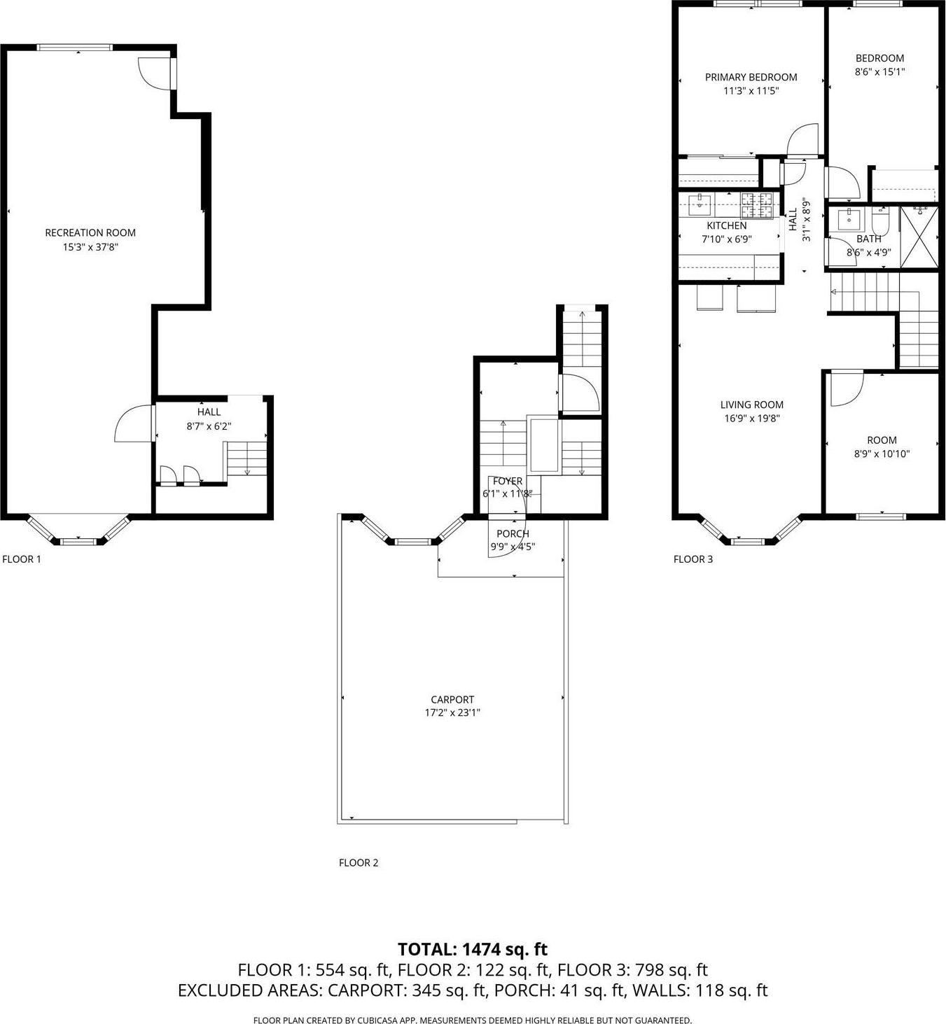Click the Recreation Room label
(x=90, y=232)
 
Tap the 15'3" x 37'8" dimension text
(x=90, y=246)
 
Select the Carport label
(x=452, y=699)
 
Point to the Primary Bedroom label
(x=751, y=77)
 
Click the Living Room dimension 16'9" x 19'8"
(x=752, y=419)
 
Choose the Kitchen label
(x=727, y=225)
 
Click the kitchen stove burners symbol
(x=757, y=204)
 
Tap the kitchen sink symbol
(x=700, y=206)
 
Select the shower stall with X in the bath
(x=919, y=237)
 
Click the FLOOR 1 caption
(x=22, y=559)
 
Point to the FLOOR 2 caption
(x=359, y=862)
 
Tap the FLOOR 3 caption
(x=693, y=559)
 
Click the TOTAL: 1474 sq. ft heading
(x=473, y=949)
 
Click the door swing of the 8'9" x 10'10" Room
(x=845, y=389)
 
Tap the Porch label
(x=513, y=533)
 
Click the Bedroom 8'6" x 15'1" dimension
(x=879, y=71)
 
